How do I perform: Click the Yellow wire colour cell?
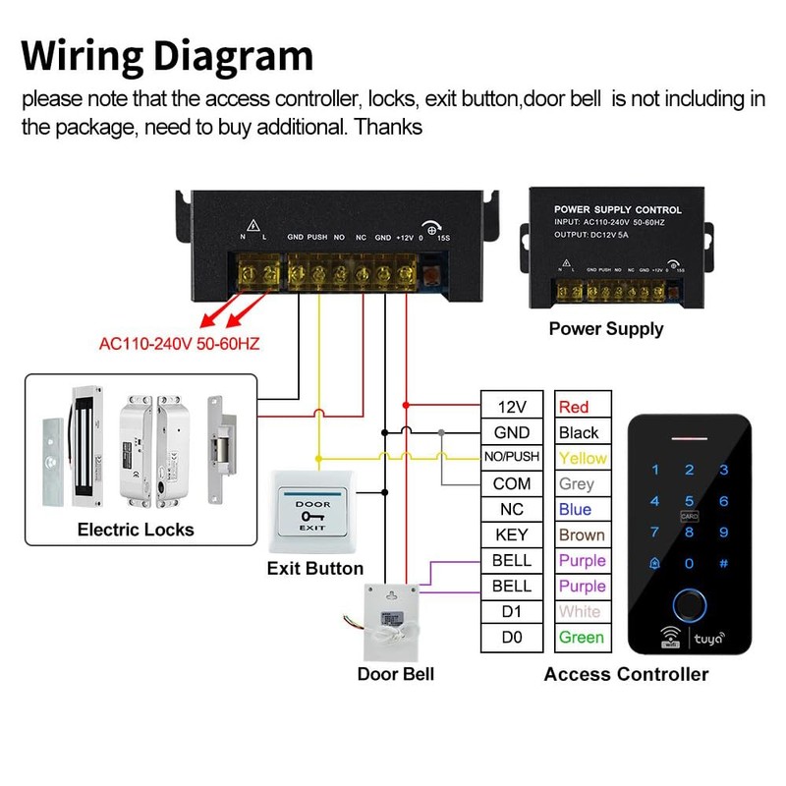click(x=583, y=458)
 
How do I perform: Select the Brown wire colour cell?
click(x=582, y=534)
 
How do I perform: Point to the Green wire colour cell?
click(x=582, y=637)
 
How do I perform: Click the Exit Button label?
click(x=315, y=569)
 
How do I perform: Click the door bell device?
click(x=392, y=621)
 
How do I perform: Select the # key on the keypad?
click(x=724, y=563)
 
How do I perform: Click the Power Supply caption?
click(x=606, y=329)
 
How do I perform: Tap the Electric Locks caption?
click(x=136, y=530)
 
